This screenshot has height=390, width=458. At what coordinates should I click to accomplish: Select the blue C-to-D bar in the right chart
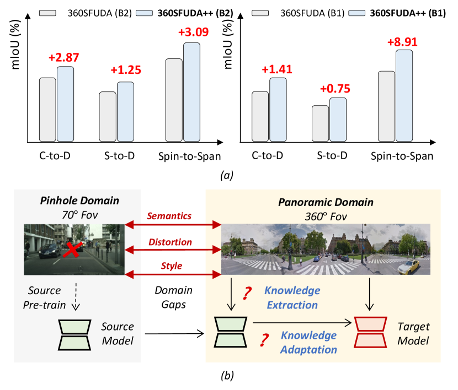point(278,109)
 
